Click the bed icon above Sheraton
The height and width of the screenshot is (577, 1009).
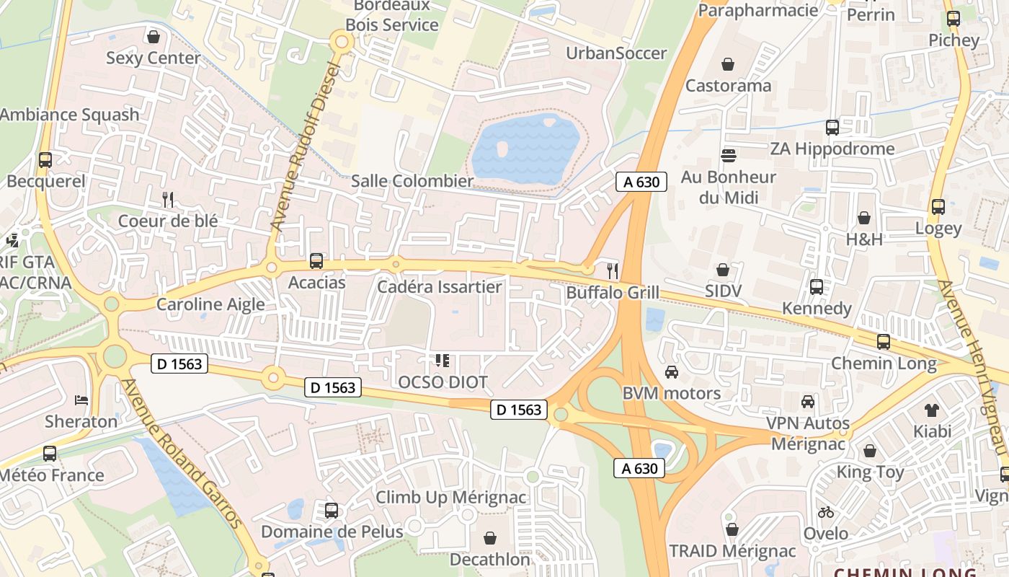pyautogui.click(x=81, y=400)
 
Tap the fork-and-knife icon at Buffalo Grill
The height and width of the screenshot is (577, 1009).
pyautogui.click(x=613, y=270)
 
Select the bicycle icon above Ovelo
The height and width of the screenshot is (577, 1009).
pyautogui.click(x=826, y=512)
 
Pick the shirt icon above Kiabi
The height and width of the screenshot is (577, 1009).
pyautogui.click(x=931, y=410)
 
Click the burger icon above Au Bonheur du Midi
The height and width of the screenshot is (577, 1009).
pyautogui.click(x=729, y=155)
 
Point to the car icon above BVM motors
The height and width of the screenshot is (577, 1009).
pyautogui.click(x=671, y=372)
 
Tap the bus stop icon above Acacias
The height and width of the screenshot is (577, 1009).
pyautogui.click(x=316, y=260)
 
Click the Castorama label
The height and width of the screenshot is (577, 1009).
pyautogui.click(x=728, y=86)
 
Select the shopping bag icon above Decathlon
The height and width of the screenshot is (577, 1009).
pyautogui.click(x=490, y=538)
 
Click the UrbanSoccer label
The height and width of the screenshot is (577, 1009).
pyautogui.click(x=616, y=53)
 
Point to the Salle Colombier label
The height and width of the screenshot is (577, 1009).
pyautogui.click(x=412, y=181)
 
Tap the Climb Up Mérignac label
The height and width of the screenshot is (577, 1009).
pyautogui.click(x=451, y=498)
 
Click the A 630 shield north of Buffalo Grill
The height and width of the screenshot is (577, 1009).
pyautogui.click(x=641, y=182)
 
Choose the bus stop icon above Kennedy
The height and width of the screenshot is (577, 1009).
pyautogui.click(x=816, y=287)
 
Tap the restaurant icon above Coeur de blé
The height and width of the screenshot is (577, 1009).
pyautogui.click(x=168, y=200)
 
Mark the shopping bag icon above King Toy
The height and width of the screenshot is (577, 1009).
pyautogui.click(x=870, y=452)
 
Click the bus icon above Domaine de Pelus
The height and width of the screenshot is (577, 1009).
pyautogui.click(x=331, y=511)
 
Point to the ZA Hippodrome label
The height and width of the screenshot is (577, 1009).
pyautogui.click(x=832, y=149)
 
